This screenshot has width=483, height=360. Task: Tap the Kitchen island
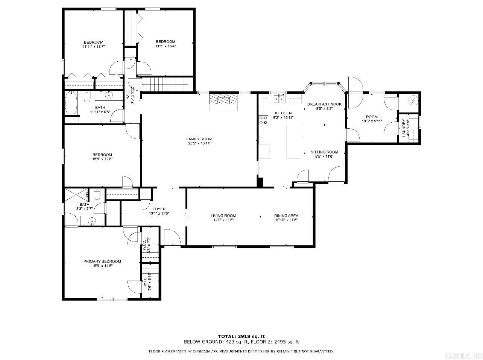[294, 141]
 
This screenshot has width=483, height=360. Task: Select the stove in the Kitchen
[263, 120]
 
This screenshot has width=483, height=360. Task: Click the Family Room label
[199, 139]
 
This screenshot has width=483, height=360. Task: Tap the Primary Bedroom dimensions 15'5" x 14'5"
[102, 266]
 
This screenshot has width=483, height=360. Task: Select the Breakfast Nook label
[324, 104]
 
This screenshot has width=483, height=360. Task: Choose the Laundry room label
[404, 128]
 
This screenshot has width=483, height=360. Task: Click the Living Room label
[223, 216]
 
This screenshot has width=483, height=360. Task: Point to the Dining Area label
[286, 216]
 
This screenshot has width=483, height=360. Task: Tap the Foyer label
[159, 209]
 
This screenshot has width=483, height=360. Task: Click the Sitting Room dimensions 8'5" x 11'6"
[324, 156]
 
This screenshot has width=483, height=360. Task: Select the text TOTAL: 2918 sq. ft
[241, 336]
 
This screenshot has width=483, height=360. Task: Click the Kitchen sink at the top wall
[279, 99]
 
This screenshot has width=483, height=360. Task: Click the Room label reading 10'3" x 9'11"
[372, 121]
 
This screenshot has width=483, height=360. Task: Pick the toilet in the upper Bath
[87, 99]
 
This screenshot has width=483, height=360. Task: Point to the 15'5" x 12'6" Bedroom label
[102, 159]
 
